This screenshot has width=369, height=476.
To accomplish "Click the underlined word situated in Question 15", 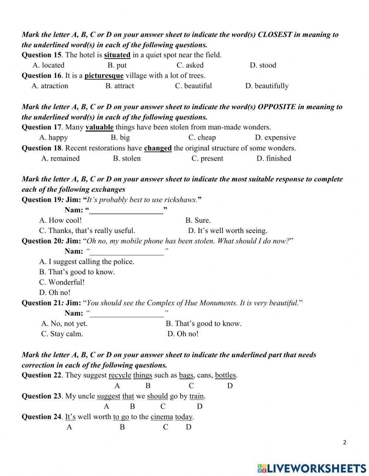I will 117,55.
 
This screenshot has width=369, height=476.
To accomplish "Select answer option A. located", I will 48,65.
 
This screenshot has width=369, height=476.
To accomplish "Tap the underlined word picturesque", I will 104,76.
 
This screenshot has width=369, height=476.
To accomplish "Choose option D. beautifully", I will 267,86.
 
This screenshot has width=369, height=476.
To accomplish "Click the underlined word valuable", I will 99,127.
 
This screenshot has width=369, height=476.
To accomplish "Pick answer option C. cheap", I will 202,138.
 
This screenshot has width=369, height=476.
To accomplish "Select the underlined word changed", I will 158,148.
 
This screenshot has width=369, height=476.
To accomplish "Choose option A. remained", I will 61,159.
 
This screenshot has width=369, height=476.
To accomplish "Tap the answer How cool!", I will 61,220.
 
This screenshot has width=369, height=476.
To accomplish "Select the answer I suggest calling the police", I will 87,262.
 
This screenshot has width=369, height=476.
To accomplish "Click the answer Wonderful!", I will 62,282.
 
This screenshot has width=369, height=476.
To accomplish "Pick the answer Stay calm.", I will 62,334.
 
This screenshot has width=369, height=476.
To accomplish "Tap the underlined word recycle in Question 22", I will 120,375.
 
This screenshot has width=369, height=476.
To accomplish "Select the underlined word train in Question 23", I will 196,396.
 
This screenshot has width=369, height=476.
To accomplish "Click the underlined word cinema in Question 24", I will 162,417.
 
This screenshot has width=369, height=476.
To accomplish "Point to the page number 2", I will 345,443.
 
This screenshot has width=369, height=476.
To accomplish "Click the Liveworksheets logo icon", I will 262,468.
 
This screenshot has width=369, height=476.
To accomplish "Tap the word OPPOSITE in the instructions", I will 277,107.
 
